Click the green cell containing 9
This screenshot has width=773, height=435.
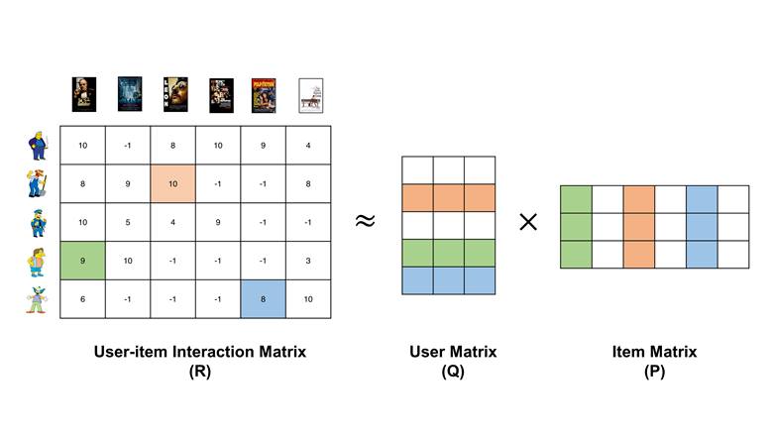[82, 261]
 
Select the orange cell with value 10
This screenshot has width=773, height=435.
[172, 183]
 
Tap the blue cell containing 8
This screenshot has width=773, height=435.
[263, 299]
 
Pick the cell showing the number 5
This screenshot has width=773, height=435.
[128, 222]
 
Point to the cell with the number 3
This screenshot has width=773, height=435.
[308, 261]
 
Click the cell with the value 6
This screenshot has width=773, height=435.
[82, 299]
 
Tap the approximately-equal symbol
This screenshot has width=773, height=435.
[365, 221]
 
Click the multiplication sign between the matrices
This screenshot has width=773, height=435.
[528, 222]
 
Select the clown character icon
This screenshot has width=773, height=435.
[37, 299]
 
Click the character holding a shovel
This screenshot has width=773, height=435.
[37, 183]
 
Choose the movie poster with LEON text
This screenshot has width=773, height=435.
[175, 94]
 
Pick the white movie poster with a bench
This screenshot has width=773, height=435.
[311, 95]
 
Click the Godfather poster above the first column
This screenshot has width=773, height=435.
[84, 94]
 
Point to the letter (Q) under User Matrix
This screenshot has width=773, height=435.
[453, 371]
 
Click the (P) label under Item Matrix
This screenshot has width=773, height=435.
[654, 371]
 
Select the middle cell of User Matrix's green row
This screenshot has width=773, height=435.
[449, 254]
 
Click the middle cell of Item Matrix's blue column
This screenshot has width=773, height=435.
[702, 227]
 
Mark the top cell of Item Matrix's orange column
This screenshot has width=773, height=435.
[639, 199]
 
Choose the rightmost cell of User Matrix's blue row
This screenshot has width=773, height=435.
[480, 280]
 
